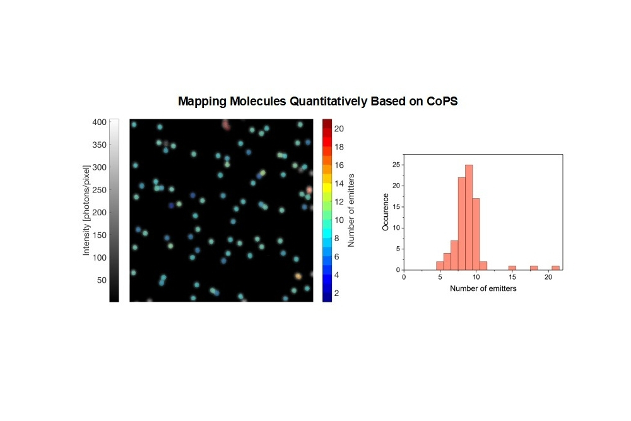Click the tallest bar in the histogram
click(469, 218)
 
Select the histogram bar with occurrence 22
click(461, 224)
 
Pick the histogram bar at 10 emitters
click(476, 234)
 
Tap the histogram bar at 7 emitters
click(454, 255)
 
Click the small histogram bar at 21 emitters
click(556, 268)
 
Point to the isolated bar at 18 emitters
click(534, 268)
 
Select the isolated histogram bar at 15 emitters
click(512, 268)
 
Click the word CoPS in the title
click(441, 101)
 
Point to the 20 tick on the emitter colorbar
click(339, 129)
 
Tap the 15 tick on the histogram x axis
click(512, 277)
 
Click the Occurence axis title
click(386, 211)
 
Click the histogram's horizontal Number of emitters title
click(483, 288)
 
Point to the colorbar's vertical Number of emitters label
click(353, 210)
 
